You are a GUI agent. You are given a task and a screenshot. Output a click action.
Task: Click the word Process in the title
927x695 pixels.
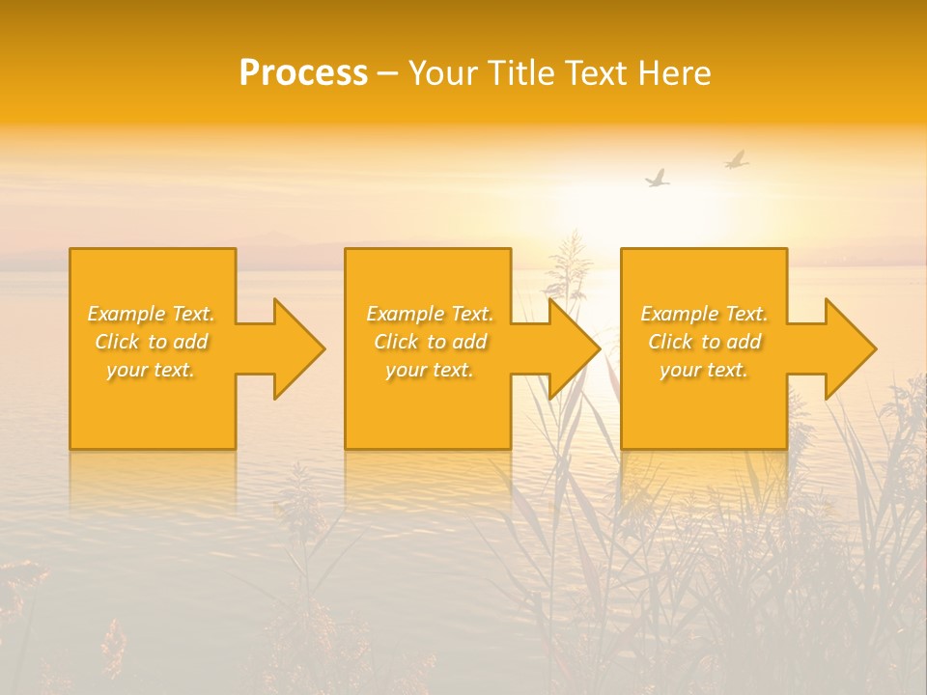click(x=303, y=73)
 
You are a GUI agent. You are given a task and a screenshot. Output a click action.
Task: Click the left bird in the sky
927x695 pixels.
click(x=658, y=179)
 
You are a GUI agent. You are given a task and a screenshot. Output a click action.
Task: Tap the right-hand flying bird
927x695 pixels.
click(x=737, y=159)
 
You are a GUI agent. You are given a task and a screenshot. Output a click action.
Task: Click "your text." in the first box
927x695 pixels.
click(x=151, y=370)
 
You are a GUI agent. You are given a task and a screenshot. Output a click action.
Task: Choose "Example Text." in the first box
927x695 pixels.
click(x=151, y=314)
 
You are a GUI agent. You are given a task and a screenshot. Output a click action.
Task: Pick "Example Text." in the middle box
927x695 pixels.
click(x=430, y=314)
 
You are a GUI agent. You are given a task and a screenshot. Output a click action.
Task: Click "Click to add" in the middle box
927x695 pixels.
click(x=430, y=342)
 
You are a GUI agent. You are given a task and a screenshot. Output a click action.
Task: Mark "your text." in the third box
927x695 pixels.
click(x=704, y=370)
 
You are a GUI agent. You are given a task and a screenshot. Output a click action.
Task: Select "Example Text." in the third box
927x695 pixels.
click(x=704, y=314)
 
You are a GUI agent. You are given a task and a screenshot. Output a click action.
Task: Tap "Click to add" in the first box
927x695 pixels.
click(x=151, y=342)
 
